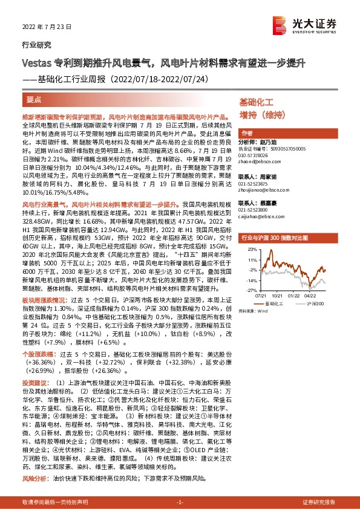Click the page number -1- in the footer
tap(180, 502)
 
